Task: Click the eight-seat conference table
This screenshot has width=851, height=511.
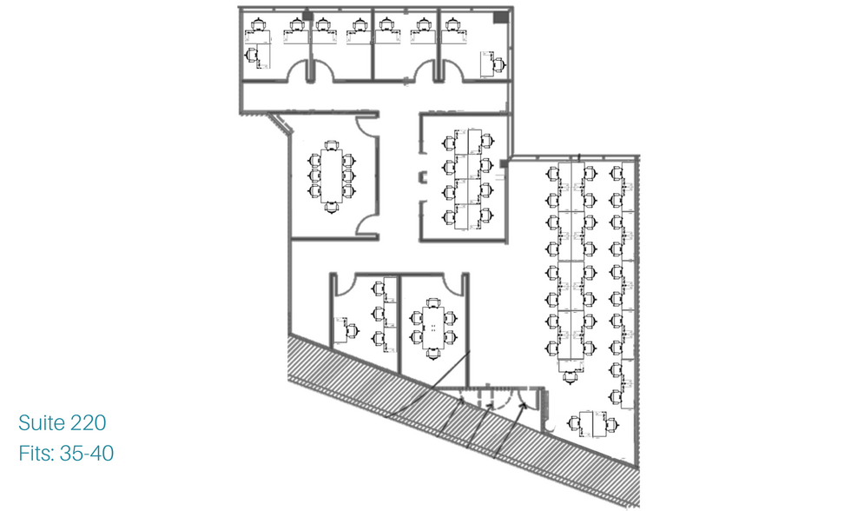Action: click(331, 176)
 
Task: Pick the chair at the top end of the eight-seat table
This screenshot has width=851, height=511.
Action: click(331, 144)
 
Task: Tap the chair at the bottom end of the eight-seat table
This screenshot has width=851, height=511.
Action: click(331, 208)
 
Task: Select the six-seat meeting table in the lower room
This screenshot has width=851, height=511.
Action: click(433, 328)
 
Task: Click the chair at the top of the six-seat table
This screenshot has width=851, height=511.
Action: click(433, 302)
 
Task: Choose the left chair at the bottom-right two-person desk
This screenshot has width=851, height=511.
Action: click(574, 422)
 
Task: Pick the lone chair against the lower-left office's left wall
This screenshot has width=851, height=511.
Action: click(353, 329)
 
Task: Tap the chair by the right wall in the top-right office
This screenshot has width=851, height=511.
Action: click(498, 64)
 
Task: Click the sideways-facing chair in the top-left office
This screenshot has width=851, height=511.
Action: click(251, 55)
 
